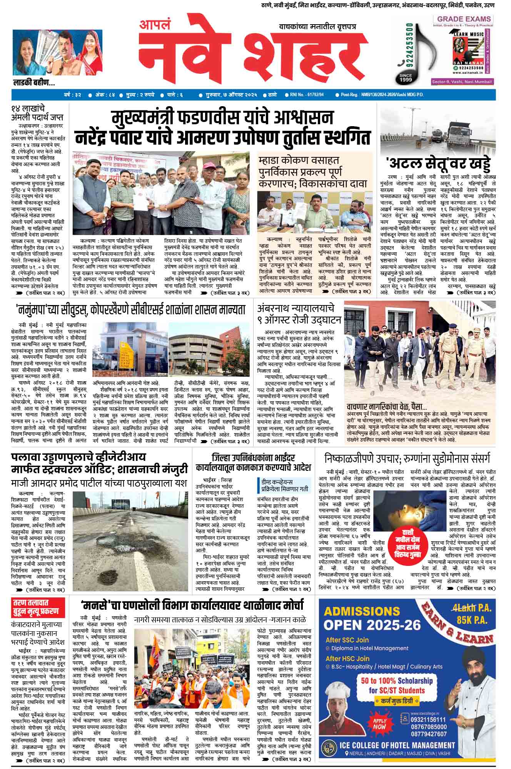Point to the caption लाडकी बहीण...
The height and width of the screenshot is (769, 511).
tap(34, 82)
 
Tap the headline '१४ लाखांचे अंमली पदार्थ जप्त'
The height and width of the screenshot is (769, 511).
tap(37, 113)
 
